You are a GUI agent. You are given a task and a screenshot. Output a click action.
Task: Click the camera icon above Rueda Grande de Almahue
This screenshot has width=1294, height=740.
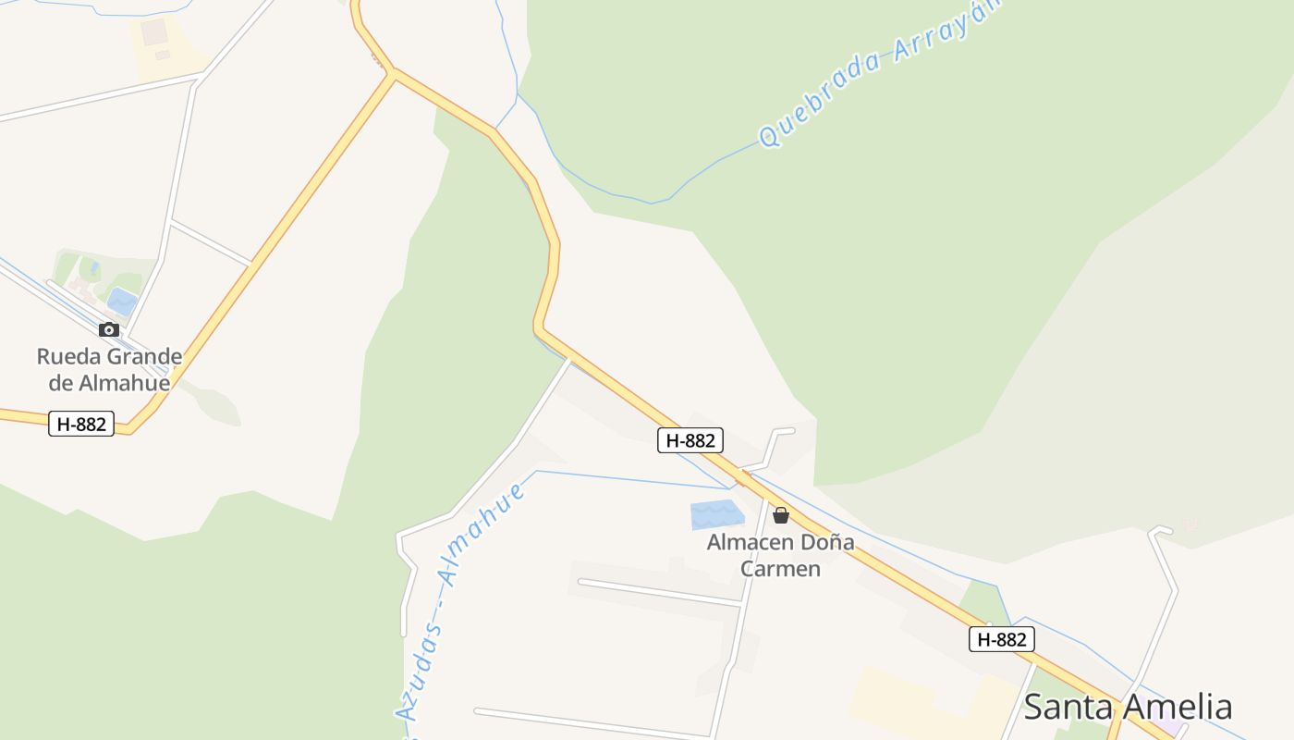pyautogui.click(x=109, y=329)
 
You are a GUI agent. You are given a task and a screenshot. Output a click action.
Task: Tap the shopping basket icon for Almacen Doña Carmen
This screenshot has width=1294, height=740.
pyautogui.click(x=781, y=515)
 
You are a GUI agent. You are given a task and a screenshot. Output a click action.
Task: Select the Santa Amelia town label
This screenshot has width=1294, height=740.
pyautogui.click(x=1128, y=707)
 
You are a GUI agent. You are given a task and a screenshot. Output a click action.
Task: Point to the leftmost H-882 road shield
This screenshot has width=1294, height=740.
pyautogui.click(x=81, y=424)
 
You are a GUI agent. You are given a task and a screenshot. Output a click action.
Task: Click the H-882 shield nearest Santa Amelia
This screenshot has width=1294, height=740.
pyautogui.click(x=1001, y=639)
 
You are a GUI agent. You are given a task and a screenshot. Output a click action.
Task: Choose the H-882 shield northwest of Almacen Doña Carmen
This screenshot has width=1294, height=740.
pyautogui.click(x=690, y=440)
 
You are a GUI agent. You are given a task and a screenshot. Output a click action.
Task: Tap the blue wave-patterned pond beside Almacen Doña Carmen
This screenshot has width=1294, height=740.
pyautogui.click(x=717, y=514)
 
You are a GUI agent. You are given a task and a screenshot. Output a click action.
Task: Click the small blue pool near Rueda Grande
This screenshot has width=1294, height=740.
pyautogui.click(x=122, y=300)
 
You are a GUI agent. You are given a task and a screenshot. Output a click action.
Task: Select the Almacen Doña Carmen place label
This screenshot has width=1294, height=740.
pyautogui.click(x=781, y=555)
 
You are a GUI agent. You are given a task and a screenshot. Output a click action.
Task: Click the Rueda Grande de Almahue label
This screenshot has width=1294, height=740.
pyautogui.click(x=109, y=369)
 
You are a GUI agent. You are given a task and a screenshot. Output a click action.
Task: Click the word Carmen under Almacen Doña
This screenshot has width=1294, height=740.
pyautogui.click(x=781, y=568)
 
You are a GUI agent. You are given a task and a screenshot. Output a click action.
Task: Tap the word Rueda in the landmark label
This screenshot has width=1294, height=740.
pyautogui.click(x=68, y=356)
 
